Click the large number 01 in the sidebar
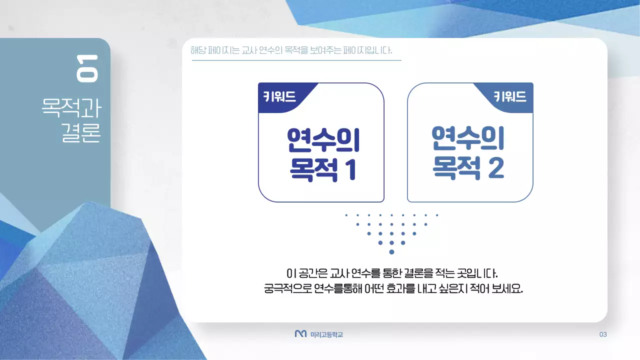[x=87, y=68]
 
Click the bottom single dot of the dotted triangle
[x=391, y=251]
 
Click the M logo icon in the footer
[x=300, y=333]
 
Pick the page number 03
[x=602, y=334]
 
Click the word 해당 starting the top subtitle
[x=198, y=51]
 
